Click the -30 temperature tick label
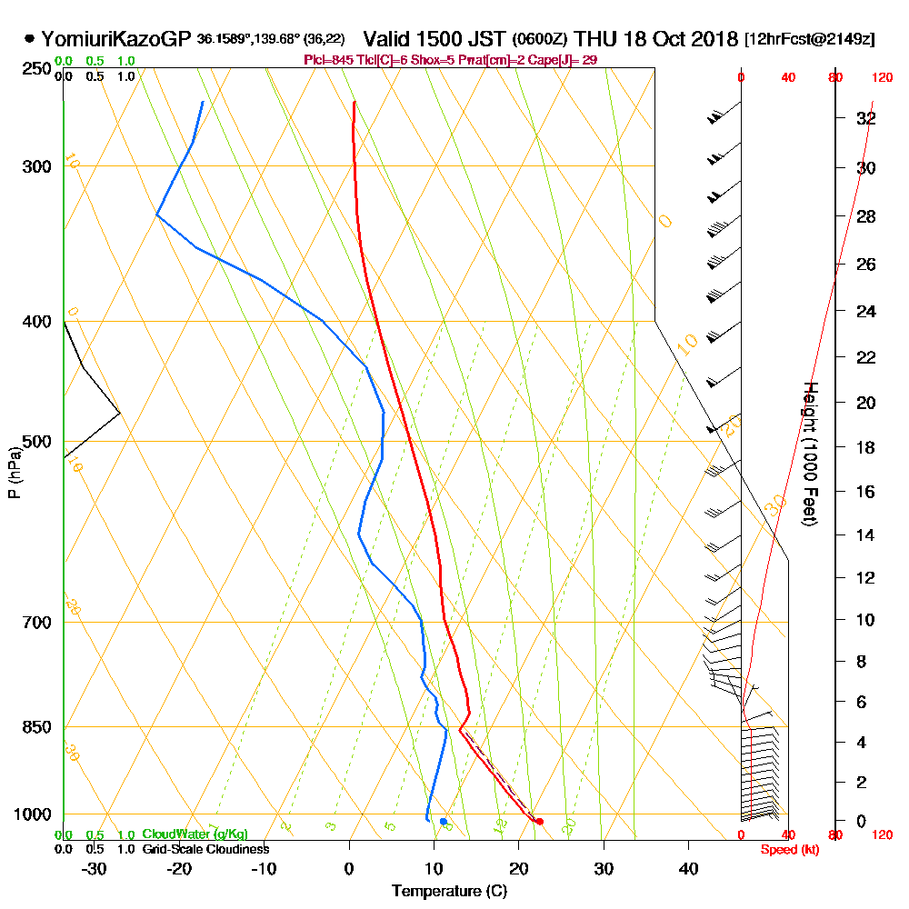[x=95, y=868]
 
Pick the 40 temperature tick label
[x=688, y=868]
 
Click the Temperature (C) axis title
[x=449, y=892]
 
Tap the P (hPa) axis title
[x=14, y=473]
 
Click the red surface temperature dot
[x=539, y=822]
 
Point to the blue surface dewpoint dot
[x=444, y=822]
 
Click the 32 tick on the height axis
[x=866, y=118]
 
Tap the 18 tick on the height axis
[x=866, y=447]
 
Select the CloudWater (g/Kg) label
[x=195, y=834]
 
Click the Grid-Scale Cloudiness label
[x=205, y=849]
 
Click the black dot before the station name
[x=30, y=39]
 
